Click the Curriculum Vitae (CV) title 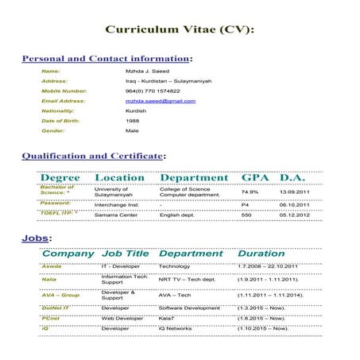[x=180, y=29]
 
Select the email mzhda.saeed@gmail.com [x=160, y=101]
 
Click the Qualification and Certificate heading [x=93, y=156]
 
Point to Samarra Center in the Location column [x=115, y=215]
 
